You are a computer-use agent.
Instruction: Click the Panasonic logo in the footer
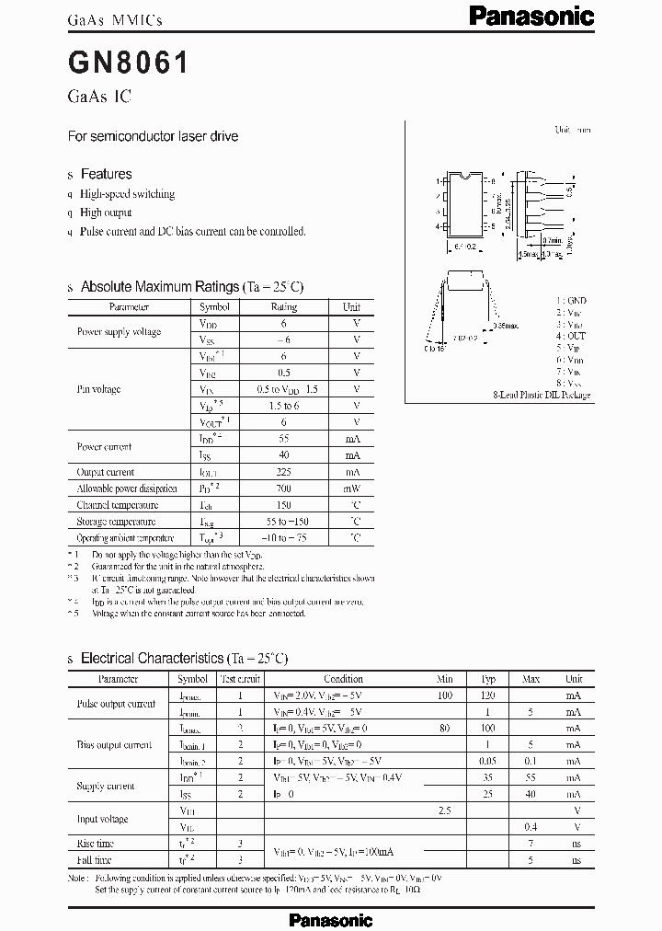click(x=331, y=919)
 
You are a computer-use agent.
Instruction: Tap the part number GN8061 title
click(x=129, y=63)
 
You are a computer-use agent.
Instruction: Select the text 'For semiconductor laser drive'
click(x=154, y=136)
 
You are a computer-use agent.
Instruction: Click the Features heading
click(x=106, y=174)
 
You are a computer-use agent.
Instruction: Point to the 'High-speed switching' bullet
click(x=127, y=194)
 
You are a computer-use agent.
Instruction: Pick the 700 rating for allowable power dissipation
click(x=284, y=488)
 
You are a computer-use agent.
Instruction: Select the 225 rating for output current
click(x=284, y=472)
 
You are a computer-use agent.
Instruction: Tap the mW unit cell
click(x=352, y=488)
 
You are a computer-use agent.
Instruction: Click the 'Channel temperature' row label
click(x=118, y=505)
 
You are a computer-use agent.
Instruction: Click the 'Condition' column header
click(x=343, y=679)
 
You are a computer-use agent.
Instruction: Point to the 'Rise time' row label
click(x=97, y=843)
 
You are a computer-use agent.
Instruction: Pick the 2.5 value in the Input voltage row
click(x=445, y=810)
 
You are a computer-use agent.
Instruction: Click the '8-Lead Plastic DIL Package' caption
click(x=541, y=395)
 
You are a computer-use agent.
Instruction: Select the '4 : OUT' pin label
click(x=571, y=336)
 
